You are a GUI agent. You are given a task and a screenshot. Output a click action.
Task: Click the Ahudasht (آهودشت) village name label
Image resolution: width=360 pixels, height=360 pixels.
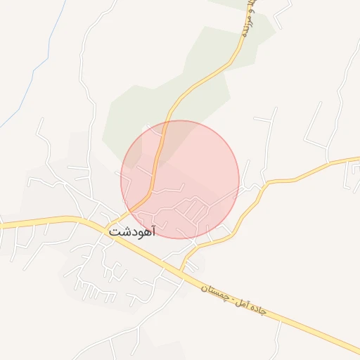click(x=131, y=230)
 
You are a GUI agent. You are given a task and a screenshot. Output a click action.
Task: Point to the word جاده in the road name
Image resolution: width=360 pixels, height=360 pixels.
click(x=256, y=307)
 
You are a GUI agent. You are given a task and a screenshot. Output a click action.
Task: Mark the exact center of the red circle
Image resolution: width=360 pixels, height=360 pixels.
click(x=180, y=179)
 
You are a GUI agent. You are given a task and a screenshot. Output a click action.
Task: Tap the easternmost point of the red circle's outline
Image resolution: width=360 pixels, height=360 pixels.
click(x=239, y=179)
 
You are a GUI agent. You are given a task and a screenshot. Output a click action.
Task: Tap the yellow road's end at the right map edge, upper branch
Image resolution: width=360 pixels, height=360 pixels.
click(x=357, y=161)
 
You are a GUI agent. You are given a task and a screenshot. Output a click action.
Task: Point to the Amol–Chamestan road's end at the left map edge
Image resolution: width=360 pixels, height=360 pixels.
click(x=3, y=225)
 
